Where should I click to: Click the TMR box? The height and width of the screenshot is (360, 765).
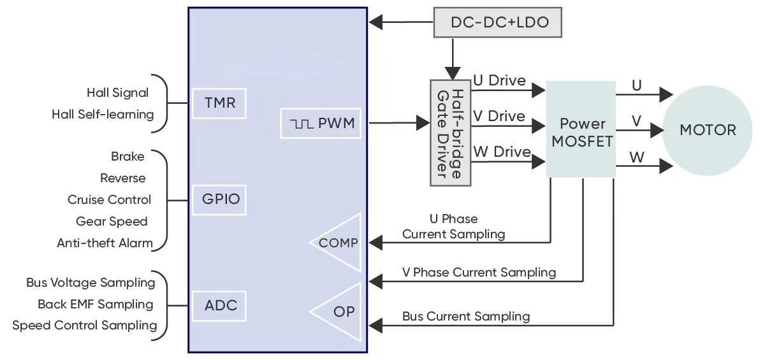219,103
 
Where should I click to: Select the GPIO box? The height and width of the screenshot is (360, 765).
219,199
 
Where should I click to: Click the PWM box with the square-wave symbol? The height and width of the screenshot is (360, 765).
321,123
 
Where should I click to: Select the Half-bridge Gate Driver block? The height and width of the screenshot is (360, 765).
450,133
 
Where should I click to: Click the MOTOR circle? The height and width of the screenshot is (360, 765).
708,130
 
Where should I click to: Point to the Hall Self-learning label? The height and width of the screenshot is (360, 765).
103,115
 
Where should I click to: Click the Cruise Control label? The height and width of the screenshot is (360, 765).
110,199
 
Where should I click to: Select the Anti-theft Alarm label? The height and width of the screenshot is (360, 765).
105,243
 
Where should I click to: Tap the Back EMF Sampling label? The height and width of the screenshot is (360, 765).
96,304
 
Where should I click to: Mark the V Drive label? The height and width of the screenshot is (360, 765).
499,117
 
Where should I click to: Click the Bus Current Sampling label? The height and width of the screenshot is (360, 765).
465,316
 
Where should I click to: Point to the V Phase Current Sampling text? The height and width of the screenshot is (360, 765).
479,273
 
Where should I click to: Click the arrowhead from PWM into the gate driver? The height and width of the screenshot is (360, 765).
423,122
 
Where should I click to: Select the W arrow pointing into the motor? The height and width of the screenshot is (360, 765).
666,166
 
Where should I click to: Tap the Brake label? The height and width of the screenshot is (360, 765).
127,156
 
